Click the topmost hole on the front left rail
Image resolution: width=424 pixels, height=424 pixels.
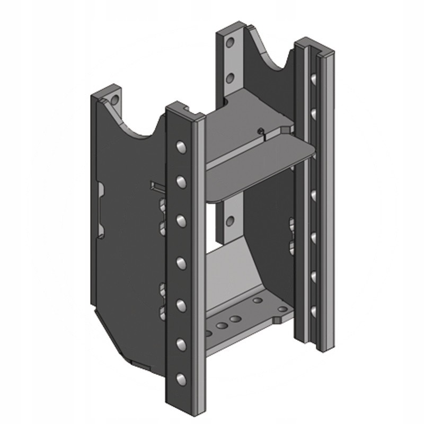[181, 146]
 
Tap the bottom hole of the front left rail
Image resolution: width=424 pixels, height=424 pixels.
[181, 378]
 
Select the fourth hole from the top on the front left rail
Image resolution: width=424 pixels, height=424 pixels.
[181, 262]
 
